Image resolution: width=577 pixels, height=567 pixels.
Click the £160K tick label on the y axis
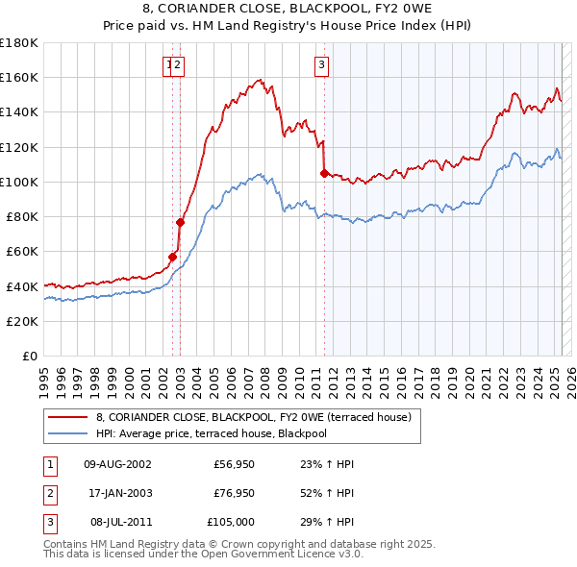click(x=19, y=77)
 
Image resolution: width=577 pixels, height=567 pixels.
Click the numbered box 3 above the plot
click(x=320, y=65)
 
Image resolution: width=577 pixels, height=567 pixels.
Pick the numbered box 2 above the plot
click(x=179, y=65)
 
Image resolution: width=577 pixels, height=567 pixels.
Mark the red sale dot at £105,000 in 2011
click(x=324, y=173)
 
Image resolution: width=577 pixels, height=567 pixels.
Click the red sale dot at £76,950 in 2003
click(x=180, y=222)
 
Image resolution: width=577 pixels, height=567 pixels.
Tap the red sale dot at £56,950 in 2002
click(x=173, y=257)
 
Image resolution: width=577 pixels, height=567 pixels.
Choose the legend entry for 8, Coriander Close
click(x=253, y=417)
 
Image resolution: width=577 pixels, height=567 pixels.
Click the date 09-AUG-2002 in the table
click(x=117, y=464)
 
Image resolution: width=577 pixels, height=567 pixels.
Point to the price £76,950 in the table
click(x=234, y=493)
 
